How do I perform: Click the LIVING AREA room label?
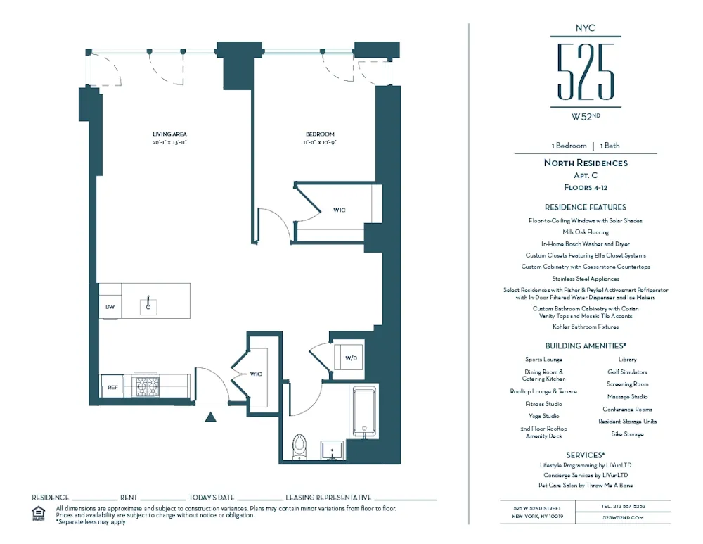169,134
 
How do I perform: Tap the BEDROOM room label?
319,134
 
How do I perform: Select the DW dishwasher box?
110,307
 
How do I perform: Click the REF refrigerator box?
112,387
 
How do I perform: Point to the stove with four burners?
146,386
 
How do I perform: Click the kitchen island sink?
148,305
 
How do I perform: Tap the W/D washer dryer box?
350,358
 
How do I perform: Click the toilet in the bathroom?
300,445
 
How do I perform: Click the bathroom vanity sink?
331,450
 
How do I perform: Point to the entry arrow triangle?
209,417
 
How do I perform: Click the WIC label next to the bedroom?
339,210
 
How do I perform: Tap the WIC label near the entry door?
255,374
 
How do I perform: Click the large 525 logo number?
586,72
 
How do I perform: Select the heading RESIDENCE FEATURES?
585,208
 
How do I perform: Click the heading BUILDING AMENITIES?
585,346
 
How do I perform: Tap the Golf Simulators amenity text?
627,372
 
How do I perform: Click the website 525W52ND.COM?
623,517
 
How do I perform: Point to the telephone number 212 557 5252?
623,506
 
